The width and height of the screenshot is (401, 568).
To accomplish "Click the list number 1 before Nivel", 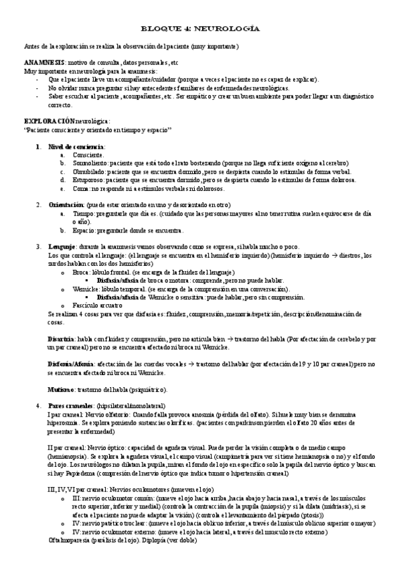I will tap(38, 146).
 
